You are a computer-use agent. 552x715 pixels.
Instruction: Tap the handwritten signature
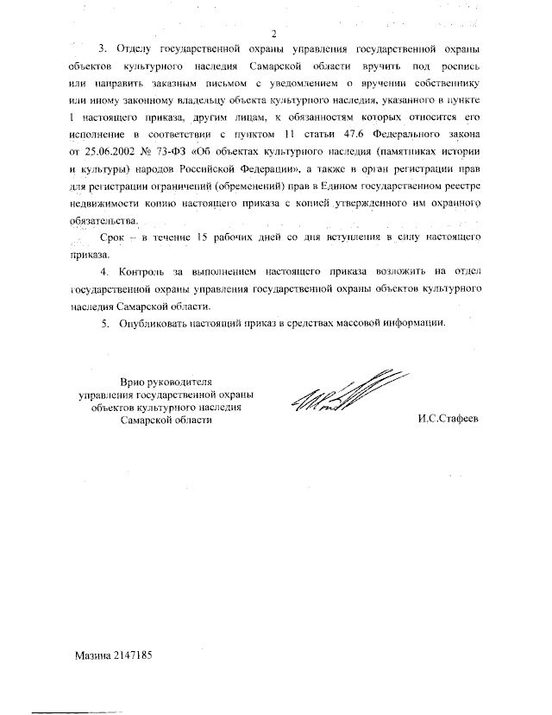pyautogui.click(x=342, y=396)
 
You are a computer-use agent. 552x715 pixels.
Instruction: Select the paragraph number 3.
pyautogui.click(x=105, y=47)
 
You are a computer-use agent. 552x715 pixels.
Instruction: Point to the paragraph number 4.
pyautogui.click(x=105, y=272)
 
